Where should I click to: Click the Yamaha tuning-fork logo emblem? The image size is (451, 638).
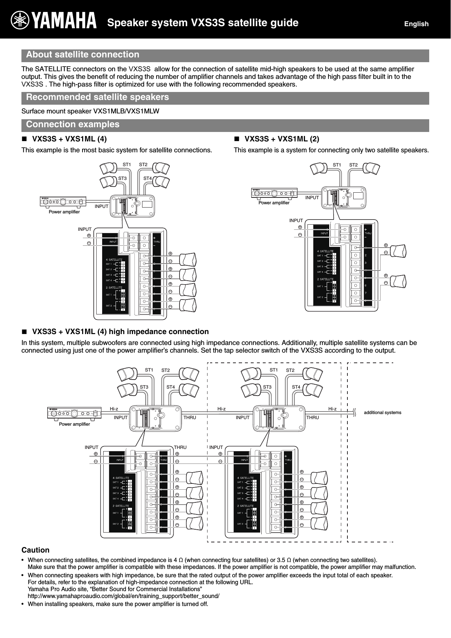pyautogui.click(x=21, y=20)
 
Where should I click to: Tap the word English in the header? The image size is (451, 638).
pyautogui.click(x=416, y=24)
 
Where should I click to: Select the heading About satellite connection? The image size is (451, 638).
pyautogui.click(x=82, y=55)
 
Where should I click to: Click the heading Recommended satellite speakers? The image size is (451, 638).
pyautogui.click(x=97, y=97)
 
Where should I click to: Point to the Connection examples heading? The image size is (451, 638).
pyautogui.click(x=73, y=124)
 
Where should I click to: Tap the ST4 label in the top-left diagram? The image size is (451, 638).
pyautogui.click(x=148, y=178)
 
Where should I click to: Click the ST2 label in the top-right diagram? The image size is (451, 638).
pyautogui.click(x=353, y=165)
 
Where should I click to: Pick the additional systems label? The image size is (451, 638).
pyautogui.click(x=382, y=412)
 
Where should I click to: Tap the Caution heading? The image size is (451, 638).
pyautogui.click(x=36, y=550)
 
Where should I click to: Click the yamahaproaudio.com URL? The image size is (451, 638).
pyautogui.click(x=124, y=596)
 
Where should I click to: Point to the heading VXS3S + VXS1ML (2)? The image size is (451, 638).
pyautogui.click(x=282, y=139)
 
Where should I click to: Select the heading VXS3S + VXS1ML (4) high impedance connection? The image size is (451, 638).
pyautogui.click(x=120, y=332)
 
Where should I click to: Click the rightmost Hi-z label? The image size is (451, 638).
pyautogui.click(x=332, y=409)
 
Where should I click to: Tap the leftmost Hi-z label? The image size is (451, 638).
pyautogui.click(x=114, y=409)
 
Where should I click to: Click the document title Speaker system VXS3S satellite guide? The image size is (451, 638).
pyautogui.click(x=203, y=23)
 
